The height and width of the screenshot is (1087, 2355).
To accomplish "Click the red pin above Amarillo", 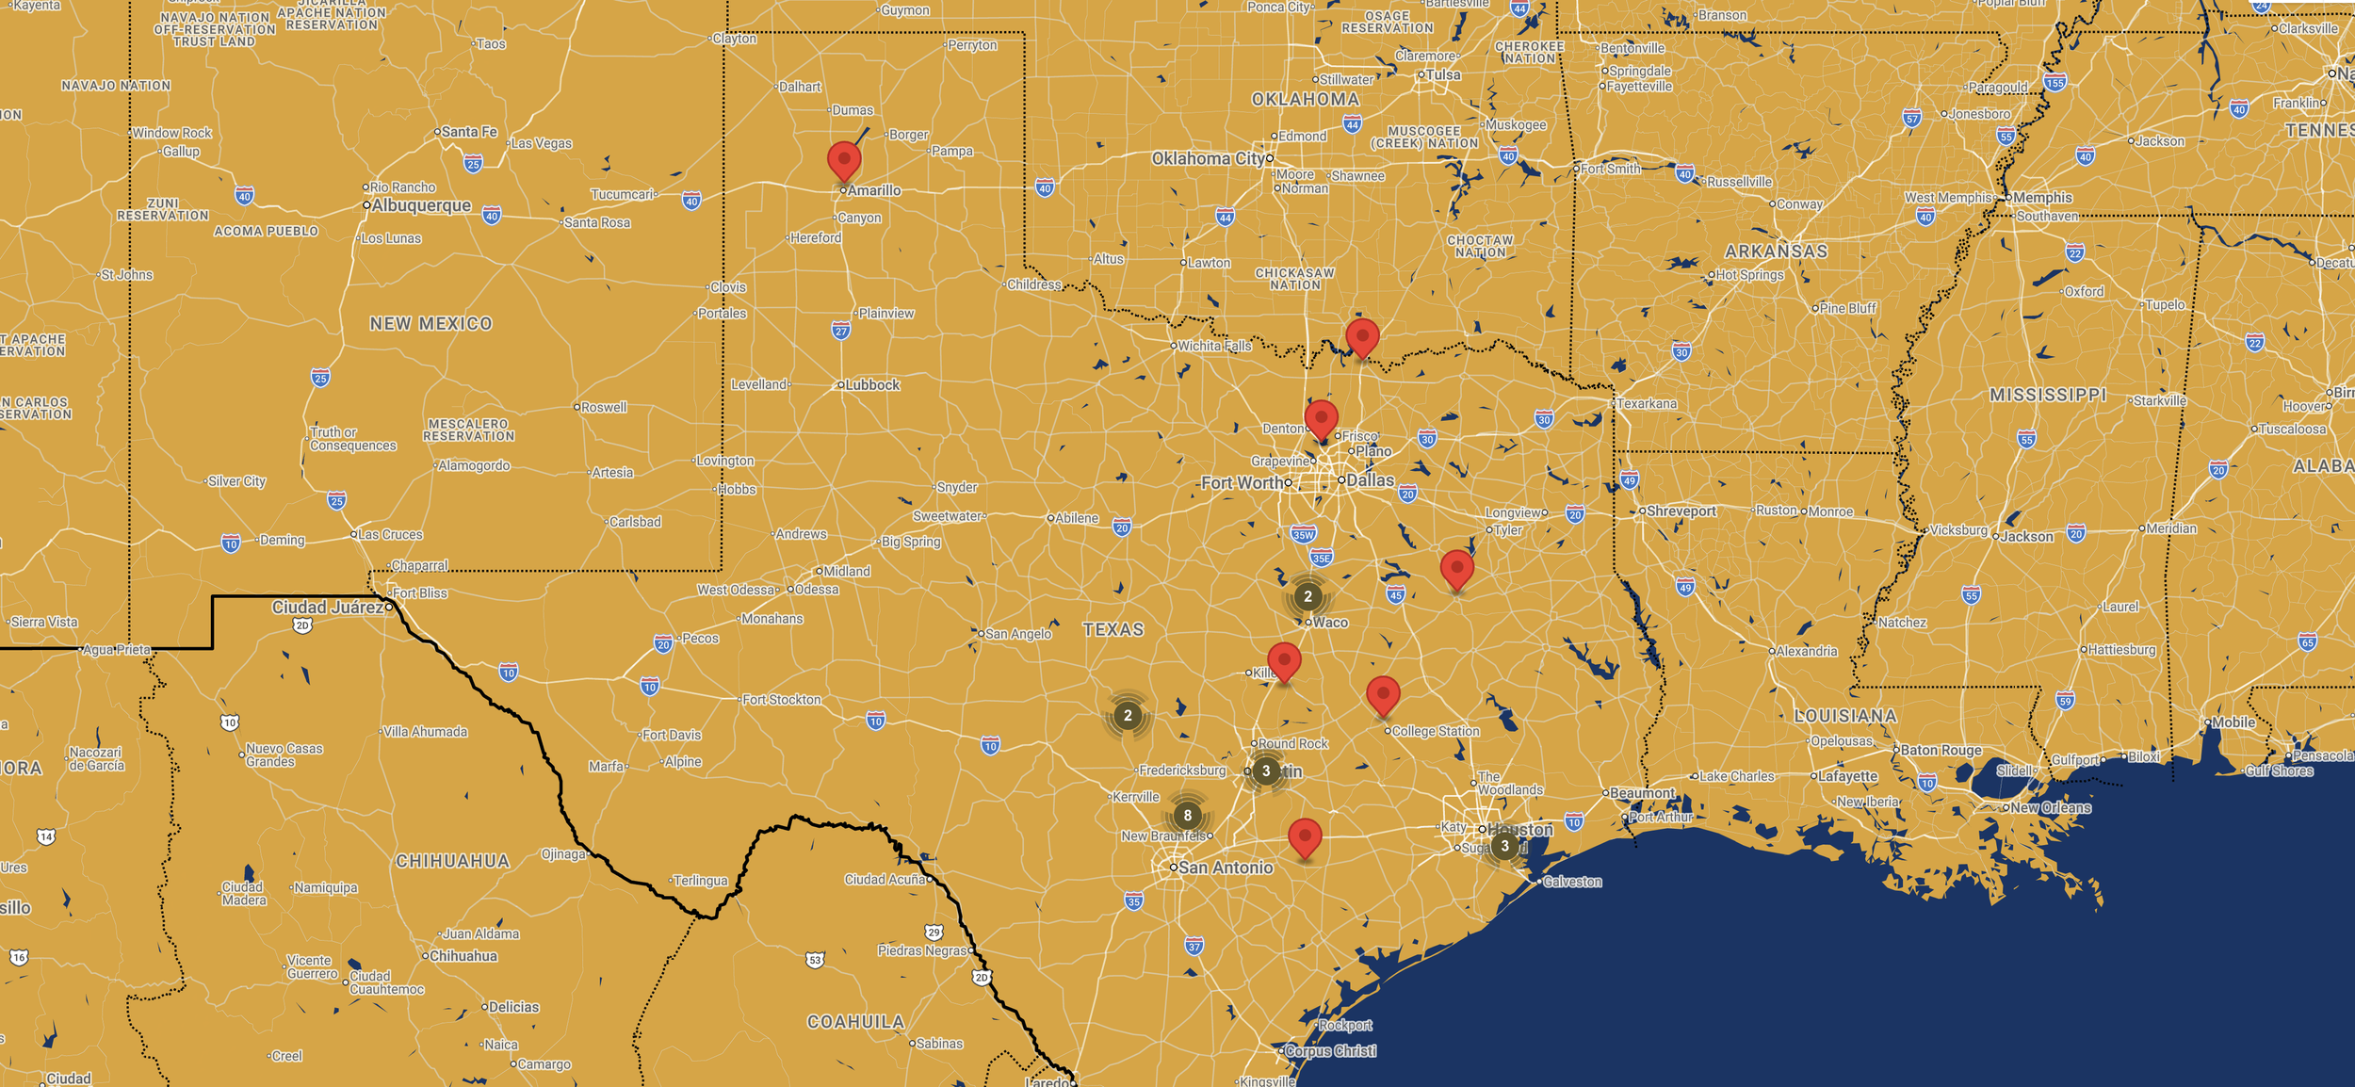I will pos(844,160).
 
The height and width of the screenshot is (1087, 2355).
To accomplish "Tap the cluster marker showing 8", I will pos(1187,815).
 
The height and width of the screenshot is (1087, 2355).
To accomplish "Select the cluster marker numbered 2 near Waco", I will pos(1307,596).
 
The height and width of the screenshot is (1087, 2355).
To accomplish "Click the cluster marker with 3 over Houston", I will pos(1504,845).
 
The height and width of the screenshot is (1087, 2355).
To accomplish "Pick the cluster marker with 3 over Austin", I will pos(1266,771).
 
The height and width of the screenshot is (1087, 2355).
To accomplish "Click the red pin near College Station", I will pos(1383,695).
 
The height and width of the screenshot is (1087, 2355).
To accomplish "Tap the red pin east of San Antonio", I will pos(1305,836).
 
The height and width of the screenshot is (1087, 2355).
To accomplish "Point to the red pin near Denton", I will pos(1322,418).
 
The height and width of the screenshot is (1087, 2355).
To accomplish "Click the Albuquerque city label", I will pos(421,205).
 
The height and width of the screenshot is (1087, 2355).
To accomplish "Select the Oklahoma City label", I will pos(1210,158).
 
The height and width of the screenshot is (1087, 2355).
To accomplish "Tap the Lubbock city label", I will pos(872,384).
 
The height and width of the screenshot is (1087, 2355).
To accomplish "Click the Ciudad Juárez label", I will pos(328,608).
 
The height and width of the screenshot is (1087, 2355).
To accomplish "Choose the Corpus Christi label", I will pos(1330,1051).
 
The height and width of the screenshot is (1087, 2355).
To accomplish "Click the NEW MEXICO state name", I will pos(430,324).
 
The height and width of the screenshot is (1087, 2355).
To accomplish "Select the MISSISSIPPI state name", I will pos(2048,396).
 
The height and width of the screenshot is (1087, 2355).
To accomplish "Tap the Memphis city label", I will pos(2042,198).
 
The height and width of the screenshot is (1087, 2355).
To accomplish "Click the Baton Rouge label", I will pos(1941,751).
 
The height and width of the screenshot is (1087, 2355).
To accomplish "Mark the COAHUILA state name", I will pos(855,1022).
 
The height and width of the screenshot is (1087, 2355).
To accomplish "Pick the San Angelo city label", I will pos(1018,634).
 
